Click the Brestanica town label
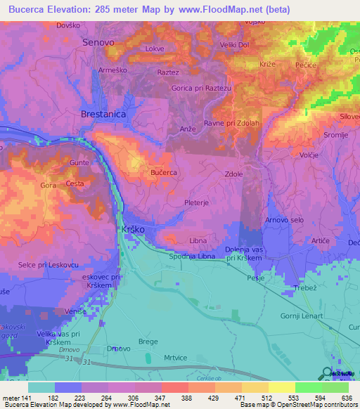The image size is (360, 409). (x=104, y=112)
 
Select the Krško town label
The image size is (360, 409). (x=134, y=231)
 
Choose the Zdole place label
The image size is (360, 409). (x=234, y=174)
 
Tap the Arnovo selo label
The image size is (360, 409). (x=285, y=221)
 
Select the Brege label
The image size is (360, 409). (x=148, y=342)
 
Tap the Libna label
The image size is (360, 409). (x=198, y=241)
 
